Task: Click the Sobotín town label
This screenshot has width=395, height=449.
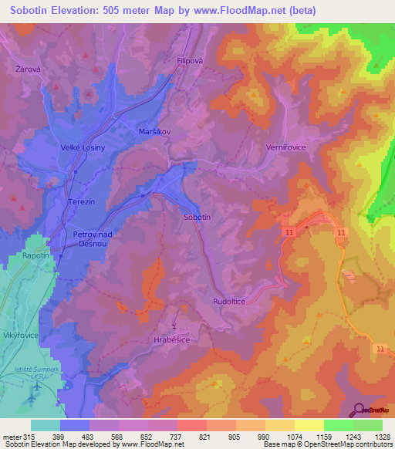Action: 197,218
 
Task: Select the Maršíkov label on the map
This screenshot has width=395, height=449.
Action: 153,131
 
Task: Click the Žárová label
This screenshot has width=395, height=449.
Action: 27,69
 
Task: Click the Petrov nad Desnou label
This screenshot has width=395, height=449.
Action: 93,238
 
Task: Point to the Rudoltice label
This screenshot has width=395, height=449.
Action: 228,302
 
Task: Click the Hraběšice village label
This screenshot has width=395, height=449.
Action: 171,339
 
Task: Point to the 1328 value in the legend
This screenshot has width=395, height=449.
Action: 374,437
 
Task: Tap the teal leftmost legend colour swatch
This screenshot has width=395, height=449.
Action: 46,425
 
